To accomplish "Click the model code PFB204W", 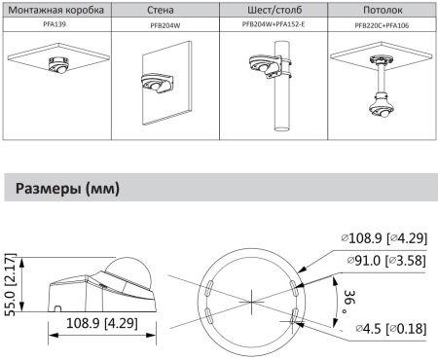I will (x=163, y=26).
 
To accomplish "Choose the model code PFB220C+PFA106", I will (x=382, y=26).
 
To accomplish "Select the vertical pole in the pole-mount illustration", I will (x=283, y=112).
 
